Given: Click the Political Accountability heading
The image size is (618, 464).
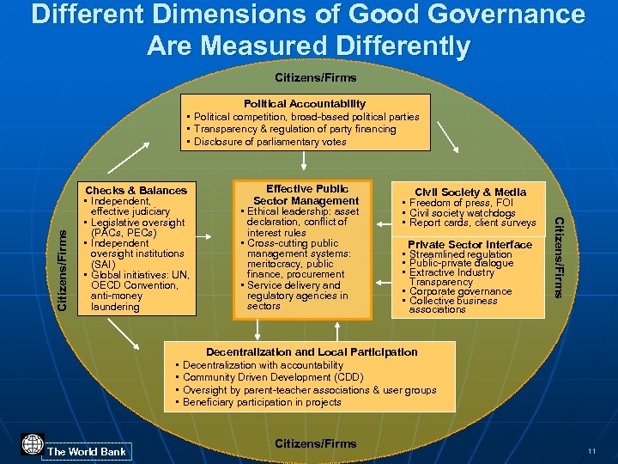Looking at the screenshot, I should click(x=305, y=103).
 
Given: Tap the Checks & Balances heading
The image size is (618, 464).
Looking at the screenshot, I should click(x=136, y=190).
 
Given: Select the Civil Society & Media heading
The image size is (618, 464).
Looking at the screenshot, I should click(x=470, y=192).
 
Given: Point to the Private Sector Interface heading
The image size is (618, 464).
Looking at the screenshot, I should click(x=470, y=245).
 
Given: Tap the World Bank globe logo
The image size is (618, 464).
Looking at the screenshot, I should click(x=32, y=445).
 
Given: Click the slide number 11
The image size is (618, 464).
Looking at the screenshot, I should click(x=592, y=451).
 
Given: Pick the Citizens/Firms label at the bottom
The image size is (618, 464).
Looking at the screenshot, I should click(x=315, y=443).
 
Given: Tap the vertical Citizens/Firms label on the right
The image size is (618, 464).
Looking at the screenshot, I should click(x=558, y=258).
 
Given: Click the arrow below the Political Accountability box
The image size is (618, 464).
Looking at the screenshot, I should click(x=305, y=162).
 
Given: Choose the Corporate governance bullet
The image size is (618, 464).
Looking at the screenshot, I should click(x=459, y=291).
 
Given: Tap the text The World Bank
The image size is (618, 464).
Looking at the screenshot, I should click(x=87, y=451).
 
